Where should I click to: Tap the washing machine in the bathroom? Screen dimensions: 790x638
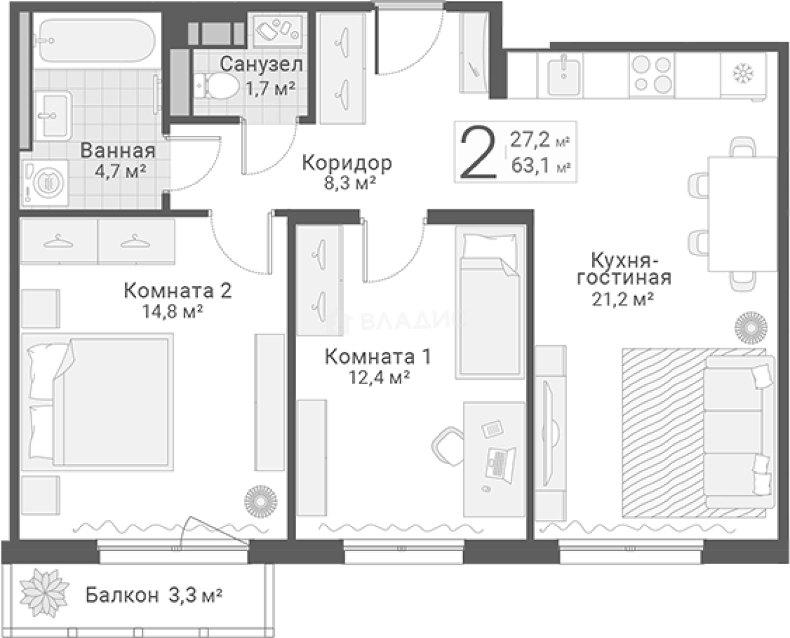[45, 183]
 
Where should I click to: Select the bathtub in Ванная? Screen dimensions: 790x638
[97, 41]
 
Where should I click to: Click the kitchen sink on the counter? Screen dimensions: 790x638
[563, 77]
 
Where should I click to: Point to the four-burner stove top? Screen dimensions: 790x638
[651, 75]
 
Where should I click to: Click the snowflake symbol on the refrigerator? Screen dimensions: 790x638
[743, 74]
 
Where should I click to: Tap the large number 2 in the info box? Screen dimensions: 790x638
[478, 152]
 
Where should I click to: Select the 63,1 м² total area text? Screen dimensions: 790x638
[541, 166]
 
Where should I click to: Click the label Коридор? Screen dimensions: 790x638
[346, 163]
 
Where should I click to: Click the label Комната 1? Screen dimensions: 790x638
[378, 356]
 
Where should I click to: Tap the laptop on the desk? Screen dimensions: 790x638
[501, 465]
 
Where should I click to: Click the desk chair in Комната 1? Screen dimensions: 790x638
[448, 446]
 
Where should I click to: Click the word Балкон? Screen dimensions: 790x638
[122, 595]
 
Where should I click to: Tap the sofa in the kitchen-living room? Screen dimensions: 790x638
[740, 432]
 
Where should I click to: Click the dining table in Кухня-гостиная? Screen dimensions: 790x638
[742, 214]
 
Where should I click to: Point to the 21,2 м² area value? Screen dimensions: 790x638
[623, 299]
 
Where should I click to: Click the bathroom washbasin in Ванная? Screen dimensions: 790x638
[53, 116]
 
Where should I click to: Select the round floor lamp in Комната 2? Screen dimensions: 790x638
[261, 501]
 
